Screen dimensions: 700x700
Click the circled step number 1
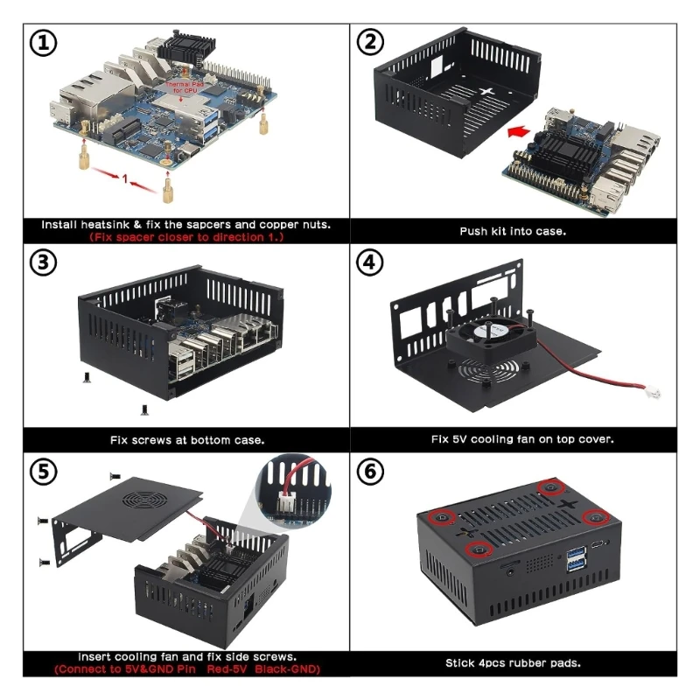43,43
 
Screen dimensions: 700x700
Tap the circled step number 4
369,262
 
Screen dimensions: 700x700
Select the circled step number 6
370,472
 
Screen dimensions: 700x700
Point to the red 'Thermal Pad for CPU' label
184,87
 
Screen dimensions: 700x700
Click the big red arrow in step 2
519,132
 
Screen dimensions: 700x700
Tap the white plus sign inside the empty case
486,91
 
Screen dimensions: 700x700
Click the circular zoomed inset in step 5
294,491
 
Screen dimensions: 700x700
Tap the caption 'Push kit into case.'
513,231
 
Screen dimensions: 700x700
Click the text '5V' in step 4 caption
460,439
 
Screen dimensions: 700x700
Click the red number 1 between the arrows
125,179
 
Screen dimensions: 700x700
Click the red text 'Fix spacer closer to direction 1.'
186,237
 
